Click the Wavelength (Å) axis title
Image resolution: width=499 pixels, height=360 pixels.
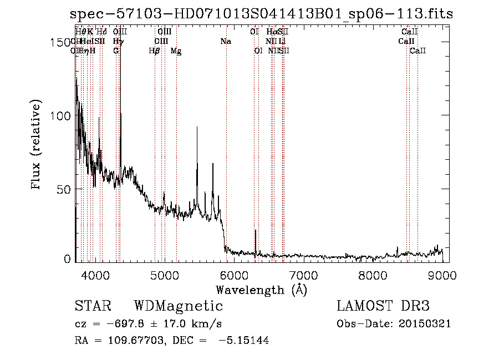click(261, 290)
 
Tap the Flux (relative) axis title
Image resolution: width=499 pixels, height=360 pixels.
click(37, 145)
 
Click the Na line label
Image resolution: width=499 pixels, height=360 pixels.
click(225, 42)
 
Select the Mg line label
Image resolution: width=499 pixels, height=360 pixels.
click(176, 51)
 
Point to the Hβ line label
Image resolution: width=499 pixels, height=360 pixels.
click(155, 51)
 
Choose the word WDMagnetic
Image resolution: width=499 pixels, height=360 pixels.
click(179, 306)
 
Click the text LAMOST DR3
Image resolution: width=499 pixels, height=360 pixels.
click(383, 306)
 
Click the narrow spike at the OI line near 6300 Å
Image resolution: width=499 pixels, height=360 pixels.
click(255, 230)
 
